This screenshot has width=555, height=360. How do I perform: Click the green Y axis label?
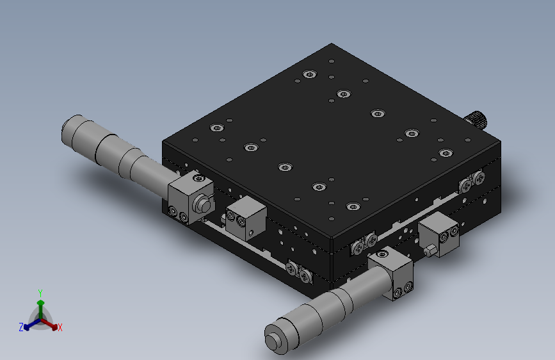point(40,293)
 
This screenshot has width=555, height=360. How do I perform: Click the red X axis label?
point(60,327)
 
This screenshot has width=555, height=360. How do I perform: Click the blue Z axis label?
point(21,327)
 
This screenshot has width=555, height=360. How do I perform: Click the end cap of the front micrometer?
point(273,341)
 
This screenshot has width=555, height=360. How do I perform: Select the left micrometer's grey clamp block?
point(190,197)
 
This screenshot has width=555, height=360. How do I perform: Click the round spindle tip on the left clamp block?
point(204,204)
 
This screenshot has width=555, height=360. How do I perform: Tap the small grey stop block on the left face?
point(246,218)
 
